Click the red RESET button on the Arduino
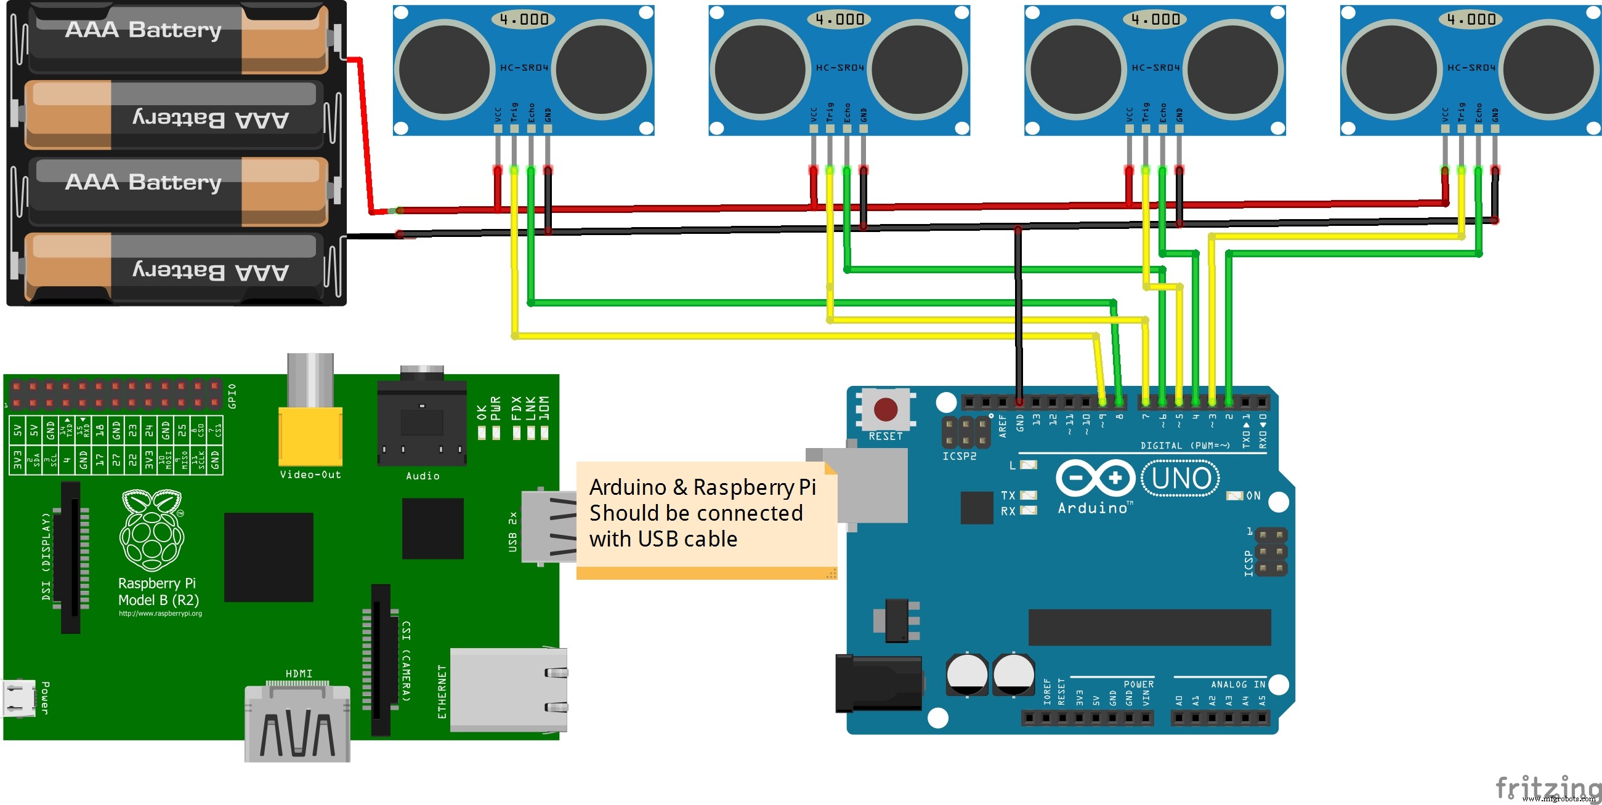coord(886,409)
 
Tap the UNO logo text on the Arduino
coord(1181,478)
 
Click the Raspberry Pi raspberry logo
coord(152,531)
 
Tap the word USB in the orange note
coord(658,539)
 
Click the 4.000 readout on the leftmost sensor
coord(524,19)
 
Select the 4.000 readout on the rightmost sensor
coord(1470,19)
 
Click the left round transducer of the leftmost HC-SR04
coord(444,69)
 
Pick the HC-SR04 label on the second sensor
coord(839,67)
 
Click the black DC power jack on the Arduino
coord(878,683)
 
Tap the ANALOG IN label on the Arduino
coord(1237,684)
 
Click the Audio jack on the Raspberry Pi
coord(422,423)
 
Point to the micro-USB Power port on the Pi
coord(18,699)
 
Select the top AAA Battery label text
coord(143,29)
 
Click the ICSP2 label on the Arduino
coord(959,456)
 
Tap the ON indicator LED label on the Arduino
coord(1253,495)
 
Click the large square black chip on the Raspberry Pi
coord(268,557)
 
